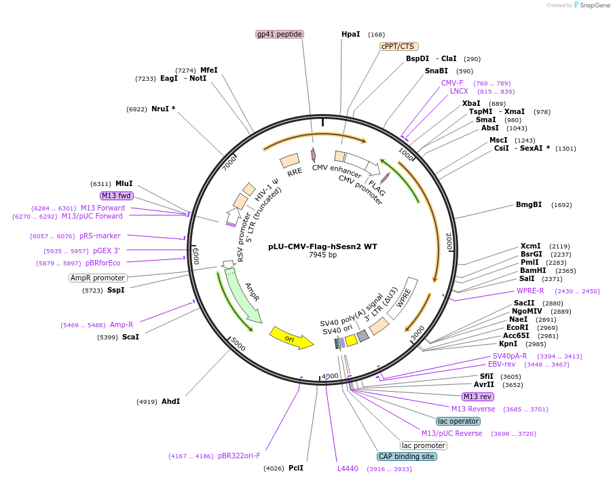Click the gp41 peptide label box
click(279, 34)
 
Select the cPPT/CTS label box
click(397, 46)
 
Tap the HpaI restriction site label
click(351, 34)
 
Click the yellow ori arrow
click(291, 337)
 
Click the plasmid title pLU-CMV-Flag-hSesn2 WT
click(322, 246)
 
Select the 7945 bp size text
click(322, 255)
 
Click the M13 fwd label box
click(116, 196)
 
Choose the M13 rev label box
click(477, 396)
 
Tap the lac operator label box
click(458, 421)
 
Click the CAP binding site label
click(407, 457)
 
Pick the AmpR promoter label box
click(98, 278)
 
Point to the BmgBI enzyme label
click(529, 204)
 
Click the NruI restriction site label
click(160, 109)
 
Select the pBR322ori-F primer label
click(239, 456)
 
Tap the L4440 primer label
click(348, 468)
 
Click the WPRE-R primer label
click(530, 291)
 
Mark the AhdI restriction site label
click(170, 401)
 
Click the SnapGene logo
click(590, 5)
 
